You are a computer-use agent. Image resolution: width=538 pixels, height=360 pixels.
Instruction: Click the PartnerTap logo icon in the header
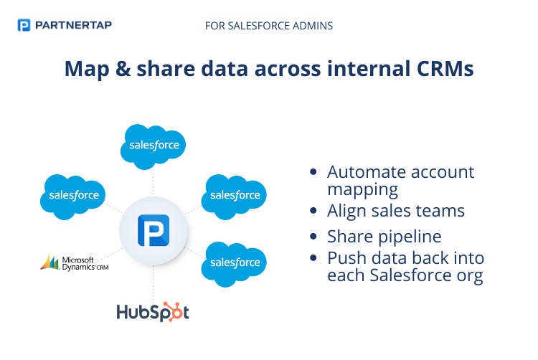click(24, 26)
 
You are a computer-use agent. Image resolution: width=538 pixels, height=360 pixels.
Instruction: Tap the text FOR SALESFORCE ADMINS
click(268, 26)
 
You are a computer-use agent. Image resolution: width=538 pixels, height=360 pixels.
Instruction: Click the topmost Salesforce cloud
click(154, 146)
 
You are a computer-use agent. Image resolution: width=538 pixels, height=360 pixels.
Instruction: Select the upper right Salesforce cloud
click(235, 194)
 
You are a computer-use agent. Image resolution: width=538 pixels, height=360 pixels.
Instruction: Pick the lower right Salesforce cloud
click(235, 262)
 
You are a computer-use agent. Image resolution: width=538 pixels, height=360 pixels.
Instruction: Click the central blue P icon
click(154, 233)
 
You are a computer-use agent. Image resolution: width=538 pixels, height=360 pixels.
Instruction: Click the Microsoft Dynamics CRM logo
click(75, 262)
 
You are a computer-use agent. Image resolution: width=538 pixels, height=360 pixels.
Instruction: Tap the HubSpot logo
click(153, 312)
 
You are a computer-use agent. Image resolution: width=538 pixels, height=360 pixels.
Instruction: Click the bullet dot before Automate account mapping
click(313, 173)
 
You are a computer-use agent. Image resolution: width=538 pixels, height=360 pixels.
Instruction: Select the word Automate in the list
click(360, 172)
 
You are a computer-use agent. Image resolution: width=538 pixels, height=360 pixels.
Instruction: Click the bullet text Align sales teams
click(396, 211)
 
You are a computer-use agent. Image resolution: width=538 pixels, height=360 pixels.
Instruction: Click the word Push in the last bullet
click(346, 257)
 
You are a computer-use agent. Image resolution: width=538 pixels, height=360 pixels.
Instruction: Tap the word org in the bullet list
click(467, 275)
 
